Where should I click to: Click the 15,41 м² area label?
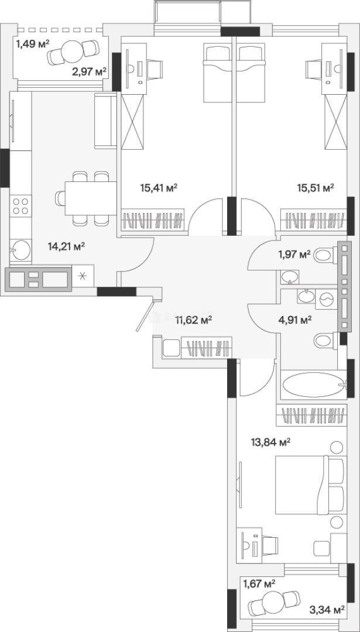(x=159, y=187)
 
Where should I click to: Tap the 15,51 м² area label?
(x=316, y=187)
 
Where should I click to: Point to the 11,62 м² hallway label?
(x=194, y=320)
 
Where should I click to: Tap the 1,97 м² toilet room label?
(x=294, y=254)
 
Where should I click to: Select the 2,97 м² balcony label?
(x=89, y=72)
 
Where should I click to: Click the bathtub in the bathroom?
(x=311, y=384)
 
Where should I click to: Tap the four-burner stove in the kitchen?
(x=20, y=205)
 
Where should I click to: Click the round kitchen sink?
(x=20, y=250)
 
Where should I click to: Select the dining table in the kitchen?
(x=91, y=198)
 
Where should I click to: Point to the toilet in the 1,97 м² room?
(x=325, y=255)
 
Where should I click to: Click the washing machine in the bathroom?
(x=326, y=300)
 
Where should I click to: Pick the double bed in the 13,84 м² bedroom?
(x=310, y=485)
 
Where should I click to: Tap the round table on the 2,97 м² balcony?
(x=72, y=51)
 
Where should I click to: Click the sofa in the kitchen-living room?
(x=105, y=121)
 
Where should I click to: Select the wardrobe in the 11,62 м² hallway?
(x=207, y=347)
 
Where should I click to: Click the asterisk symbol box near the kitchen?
(x=83, y=276)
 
